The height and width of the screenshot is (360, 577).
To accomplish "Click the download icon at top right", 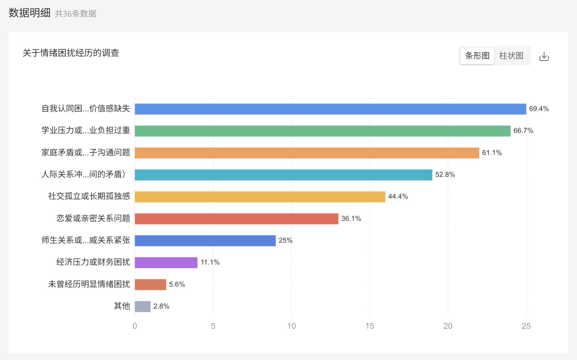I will coord(544,57).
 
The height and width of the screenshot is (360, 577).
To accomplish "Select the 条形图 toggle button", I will coord(477,56).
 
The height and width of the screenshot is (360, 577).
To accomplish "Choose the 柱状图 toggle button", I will coord(511,56).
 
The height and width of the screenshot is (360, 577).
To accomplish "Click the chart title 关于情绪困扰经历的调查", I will coord(71,53).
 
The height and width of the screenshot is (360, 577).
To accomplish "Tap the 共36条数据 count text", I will coord(76,14).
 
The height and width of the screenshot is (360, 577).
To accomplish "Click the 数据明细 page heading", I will coord(29,13).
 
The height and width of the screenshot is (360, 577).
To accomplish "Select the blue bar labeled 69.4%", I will coord(330,109).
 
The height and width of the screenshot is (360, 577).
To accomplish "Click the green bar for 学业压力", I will coord(322,131).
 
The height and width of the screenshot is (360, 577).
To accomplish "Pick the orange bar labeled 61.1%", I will coord(307,153).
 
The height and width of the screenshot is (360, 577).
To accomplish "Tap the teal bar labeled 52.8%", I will coord(283,175).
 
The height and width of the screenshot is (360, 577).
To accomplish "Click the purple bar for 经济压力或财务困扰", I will coord(166,262).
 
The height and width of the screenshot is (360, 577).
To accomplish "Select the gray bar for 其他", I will coord(143,306).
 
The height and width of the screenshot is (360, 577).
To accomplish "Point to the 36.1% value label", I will coord(351,219).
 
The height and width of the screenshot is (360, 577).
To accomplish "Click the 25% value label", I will coord(286,241).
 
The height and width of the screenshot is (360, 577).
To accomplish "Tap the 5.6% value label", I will coord(177,284).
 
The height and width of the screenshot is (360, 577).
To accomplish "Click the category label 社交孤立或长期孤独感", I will coord(89,196).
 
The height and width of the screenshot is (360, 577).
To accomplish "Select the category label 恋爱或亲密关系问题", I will coord(93,218).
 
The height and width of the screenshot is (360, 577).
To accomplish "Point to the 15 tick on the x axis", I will coord(370,326).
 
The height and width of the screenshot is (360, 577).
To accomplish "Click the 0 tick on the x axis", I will coord(135,326).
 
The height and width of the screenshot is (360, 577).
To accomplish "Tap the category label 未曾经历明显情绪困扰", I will coord(89,284).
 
